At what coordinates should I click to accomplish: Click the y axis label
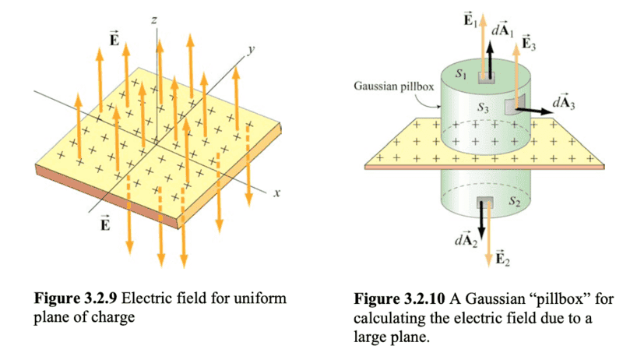click(x=252, y=49)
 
